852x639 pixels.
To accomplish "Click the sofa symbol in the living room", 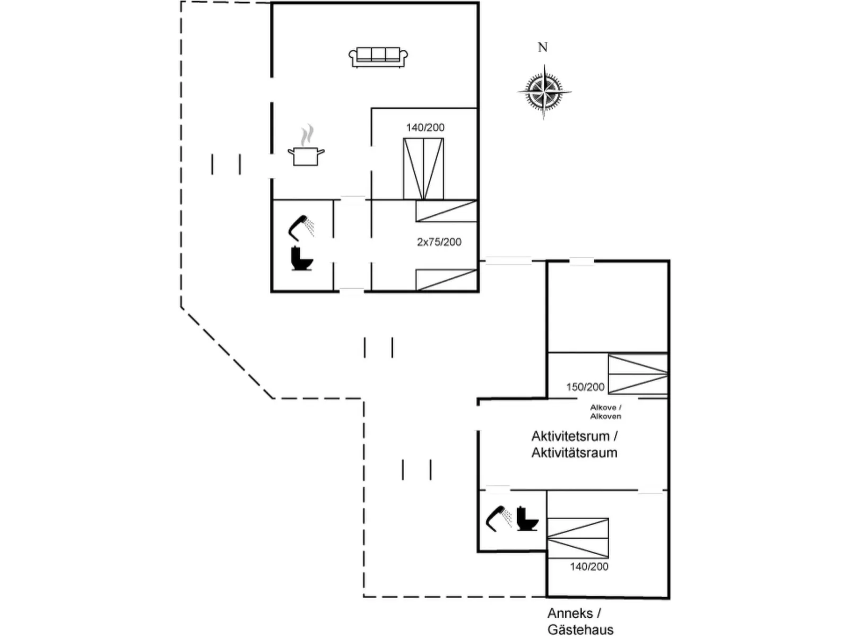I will tap(378, 57).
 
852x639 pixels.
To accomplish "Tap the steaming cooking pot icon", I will tap(306, 151).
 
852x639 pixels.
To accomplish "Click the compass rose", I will tap(544, 91).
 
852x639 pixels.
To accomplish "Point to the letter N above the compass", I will tap(542, 48).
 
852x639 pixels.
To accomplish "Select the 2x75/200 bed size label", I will tap(439, 242).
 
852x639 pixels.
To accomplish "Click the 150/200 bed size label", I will tap(585, 387).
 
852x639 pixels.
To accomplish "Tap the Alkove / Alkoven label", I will tap(605, 412).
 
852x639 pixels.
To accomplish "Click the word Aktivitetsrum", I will tap(570, 436).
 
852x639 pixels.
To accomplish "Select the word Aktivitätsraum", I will tap(574, 453).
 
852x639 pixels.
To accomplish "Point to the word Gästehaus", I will tap(580, 630).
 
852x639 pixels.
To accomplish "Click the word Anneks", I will tap(570, 614).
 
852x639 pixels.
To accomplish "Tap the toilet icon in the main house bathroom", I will tap(302, 259).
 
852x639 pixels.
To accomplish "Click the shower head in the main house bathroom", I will tap(300, 226).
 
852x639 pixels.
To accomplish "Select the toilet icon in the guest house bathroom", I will tap(527, 518).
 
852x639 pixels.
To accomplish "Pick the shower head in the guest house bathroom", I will tap(498, 518).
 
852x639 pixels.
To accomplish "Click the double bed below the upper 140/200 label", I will tap(423, 169).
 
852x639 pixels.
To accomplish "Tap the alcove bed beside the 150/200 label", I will tap(637, 374).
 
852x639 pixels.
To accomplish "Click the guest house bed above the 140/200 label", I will tap(578, 538).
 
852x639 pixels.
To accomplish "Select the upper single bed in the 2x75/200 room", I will tap(446, 211).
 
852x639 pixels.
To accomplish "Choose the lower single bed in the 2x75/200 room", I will tap(446, 279).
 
